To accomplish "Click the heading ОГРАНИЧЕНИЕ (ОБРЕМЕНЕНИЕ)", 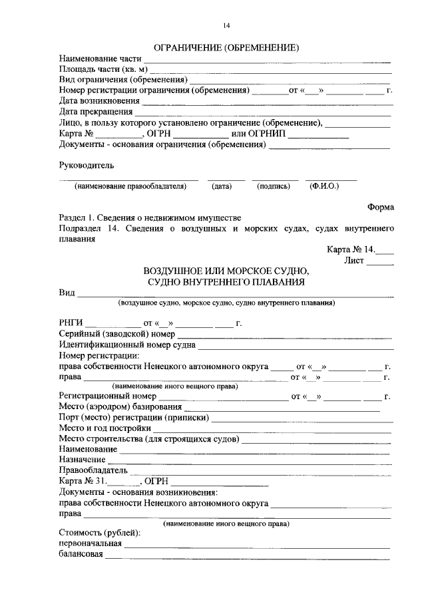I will (x=226, y=47).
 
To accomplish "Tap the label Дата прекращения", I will (x=95, y=111).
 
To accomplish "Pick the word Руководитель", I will (x=86, y=164).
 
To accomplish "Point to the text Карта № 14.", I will (x=351, y=250).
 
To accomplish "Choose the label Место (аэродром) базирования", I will (x=120, y=406).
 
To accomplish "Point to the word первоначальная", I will (x=90, y=544).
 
